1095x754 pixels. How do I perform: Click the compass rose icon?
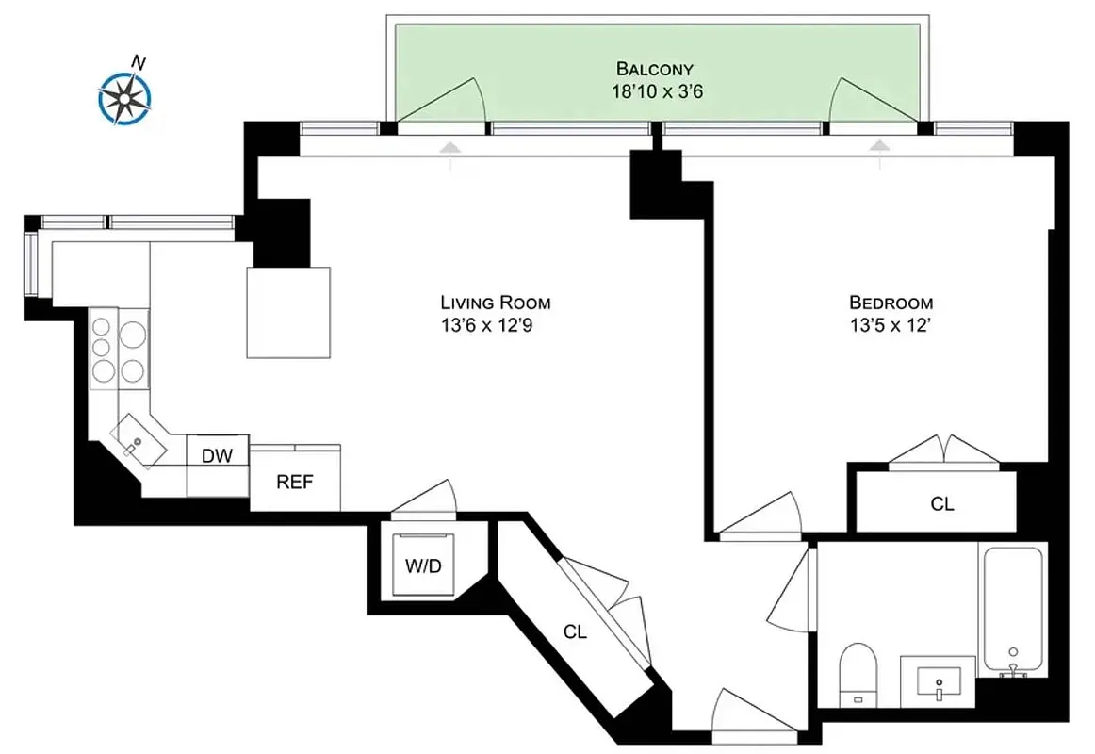(x=124, y=95)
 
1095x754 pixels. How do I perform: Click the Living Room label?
(x=496, y=303)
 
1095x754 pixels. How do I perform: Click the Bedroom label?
(x=891, y=303)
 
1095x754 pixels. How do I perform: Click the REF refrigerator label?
(x=294, y=482)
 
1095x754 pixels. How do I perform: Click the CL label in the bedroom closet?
(x=941, y=504)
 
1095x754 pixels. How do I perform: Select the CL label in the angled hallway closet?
(x=575, y=632)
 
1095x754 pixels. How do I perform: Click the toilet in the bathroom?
(x=858, y=671)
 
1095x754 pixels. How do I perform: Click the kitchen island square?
(x=289, y=312)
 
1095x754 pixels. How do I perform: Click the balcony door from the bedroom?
(x=873, y=101)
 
